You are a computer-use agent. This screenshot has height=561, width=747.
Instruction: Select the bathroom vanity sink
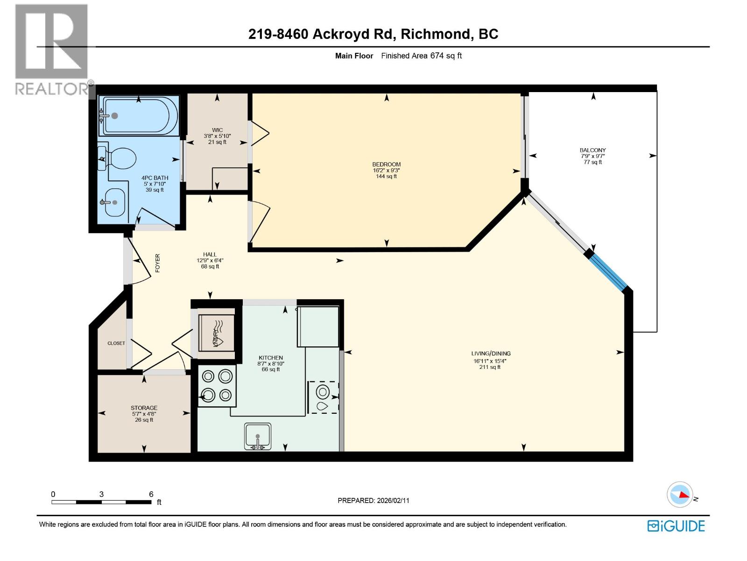tap(114, 202)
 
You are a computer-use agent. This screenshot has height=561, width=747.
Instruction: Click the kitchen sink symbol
tap(258, 436)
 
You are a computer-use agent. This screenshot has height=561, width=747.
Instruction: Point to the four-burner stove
tap(217, 386)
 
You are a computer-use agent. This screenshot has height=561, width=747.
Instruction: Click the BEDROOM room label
tap(386, 164)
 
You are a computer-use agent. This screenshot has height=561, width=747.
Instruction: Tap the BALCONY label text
tap(592, 150)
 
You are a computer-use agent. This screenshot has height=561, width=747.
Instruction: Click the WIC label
tap(217, 130)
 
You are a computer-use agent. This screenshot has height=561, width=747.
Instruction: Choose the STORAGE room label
tap(144, 408)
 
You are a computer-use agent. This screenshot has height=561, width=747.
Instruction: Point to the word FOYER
tap(157, 263)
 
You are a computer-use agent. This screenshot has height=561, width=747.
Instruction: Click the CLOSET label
tap(116, 343)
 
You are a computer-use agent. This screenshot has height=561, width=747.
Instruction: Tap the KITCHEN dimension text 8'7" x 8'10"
tap(271, 363)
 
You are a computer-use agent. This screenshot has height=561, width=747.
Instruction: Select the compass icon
tap(680, 494)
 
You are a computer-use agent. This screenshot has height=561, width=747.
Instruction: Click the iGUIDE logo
tap(676, 526)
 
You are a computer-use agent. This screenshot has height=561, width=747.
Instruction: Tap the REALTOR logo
tap(51, 49)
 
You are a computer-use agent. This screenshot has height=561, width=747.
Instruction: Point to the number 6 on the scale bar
tap(151, 494)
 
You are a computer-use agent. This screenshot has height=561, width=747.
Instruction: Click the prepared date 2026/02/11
tap(393, 500)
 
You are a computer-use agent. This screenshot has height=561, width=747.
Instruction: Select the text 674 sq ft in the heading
tap(446, 56)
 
